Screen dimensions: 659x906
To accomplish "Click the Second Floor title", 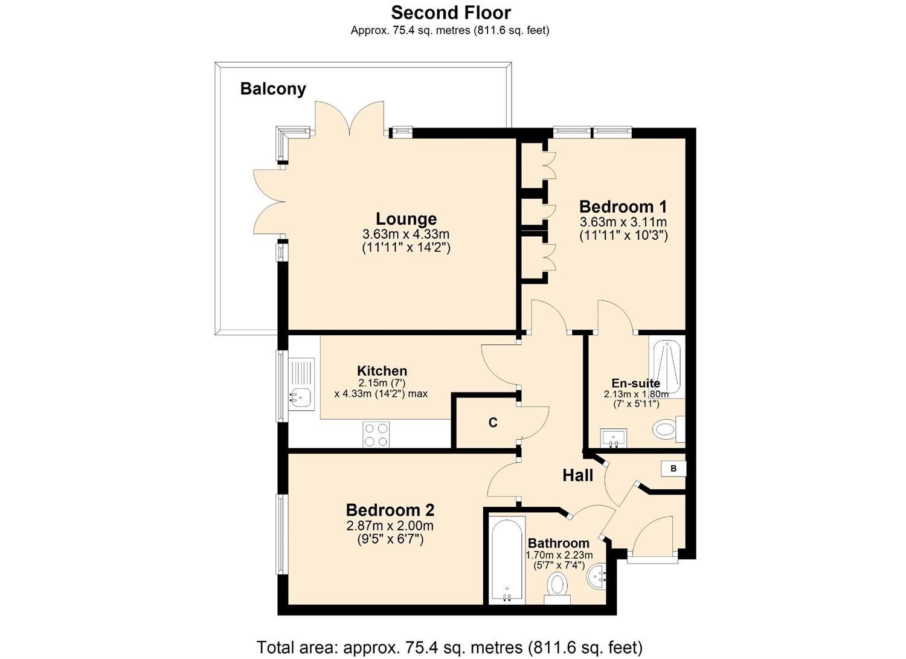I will (x=451, y=13).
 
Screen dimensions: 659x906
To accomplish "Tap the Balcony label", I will (x=273, y=89).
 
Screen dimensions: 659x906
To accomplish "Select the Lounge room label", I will (x=406, y=219).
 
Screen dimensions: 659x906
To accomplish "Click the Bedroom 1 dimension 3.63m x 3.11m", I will (x=623, y=222).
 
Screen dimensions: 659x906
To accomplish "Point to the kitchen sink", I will (x=300, y=384).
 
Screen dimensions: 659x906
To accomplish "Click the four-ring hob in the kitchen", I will (x=376, y=434).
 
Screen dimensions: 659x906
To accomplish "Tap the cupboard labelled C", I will (x=493, y=423).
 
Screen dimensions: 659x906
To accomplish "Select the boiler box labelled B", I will (x=673, y=468).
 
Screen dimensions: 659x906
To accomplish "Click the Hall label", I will (x=577, y=475).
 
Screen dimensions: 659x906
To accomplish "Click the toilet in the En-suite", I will (x=667, y=429).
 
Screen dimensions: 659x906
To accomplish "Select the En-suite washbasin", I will (x=614, y=437).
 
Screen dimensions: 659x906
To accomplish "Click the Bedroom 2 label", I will (x=390, y=510).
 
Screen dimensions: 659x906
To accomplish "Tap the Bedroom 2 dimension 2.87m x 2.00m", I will (x=390, y=526).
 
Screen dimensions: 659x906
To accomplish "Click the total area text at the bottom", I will (x=449, y=648).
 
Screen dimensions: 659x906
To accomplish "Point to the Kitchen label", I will (x=382, y=371).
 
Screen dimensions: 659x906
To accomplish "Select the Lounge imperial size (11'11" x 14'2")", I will (x=406, y=247).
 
